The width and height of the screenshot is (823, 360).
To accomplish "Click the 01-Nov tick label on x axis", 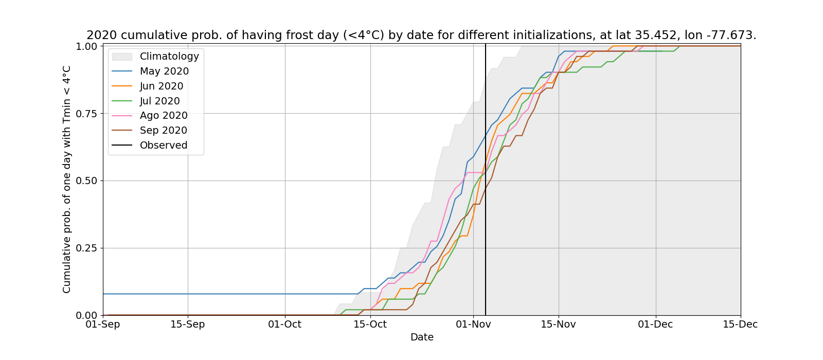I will (x=473, y=325).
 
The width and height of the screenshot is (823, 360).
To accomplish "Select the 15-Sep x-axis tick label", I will (x=188, y=325).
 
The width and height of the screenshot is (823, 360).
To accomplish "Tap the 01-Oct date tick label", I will (x=285, y=325).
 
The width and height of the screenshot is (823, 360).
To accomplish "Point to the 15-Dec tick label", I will (x=740, y=325).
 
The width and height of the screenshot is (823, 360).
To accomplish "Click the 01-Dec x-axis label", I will (x=655, y=325).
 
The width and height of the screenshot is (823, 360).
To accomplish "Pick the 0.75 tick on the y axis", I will (x=86, y=114).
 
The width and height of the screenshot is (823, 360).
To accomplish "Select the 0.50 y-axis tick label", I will (x=86, y=181).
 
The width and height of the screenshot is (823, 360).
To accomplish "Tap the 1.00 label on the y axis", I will (x=86, y=47).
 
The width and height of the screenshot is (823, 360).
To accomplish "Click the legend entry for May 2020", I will (x=164, y=71).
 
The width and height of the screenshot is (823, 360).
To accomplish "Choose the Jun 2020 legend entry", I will (x=162, y=86).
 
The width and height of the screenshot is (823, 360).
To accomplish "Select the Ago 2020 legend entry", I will (x=164, y=116).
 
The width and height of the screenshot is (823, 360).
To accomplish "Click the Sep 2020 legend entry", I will (x=164, y=131).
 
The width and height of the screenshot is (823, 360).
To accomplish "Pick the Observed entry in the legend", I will (x=164, y=146).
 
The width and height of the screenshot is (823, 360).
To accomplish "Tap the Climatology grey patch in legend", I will (x=122, y=57).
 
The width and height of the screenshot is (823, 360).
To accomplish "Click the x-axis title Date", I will (x=422, y=337).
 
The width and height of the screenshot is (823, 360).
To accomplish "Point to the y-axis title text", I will (x=67, y=179).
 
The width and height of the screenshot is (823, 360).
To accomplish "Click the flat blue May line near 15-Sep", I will (x=188, y=294).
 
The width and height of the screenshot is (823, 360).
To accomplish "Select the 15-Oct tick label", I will (x=370, y=325).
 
